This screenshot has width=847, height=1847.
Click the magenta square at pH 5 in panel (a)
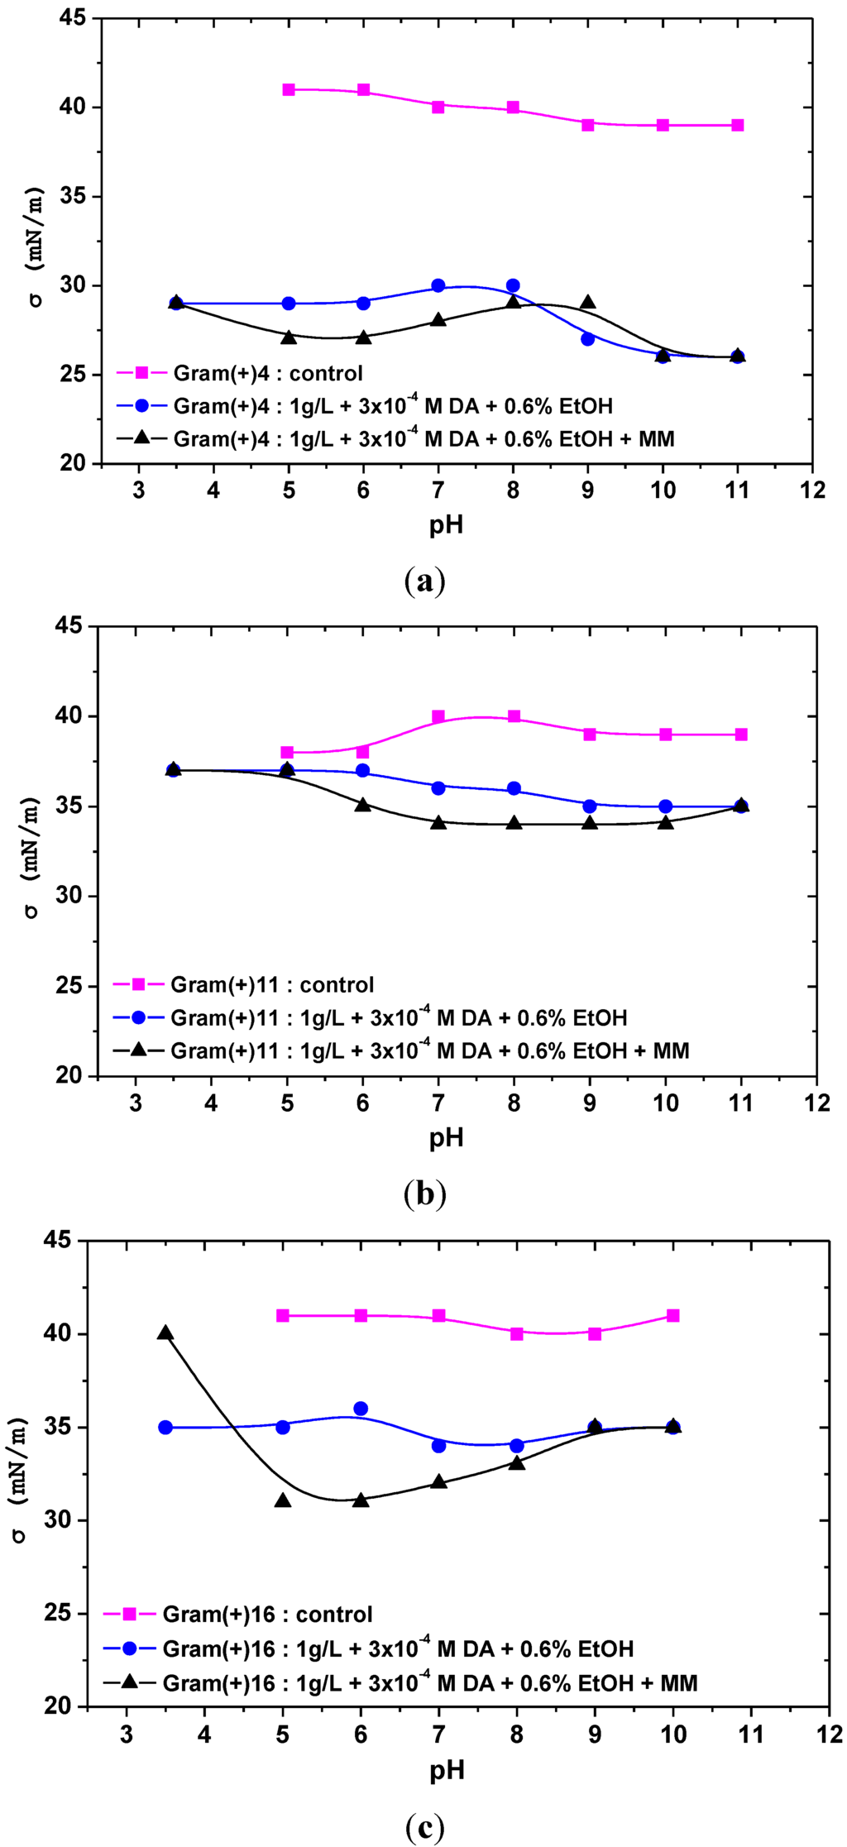(x=289, y=89)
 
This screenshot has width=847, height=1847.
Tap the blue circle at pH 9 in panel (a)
(x=587, y=339)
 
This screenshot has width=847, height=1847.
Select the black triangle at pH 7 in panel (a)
(x=438, y=319)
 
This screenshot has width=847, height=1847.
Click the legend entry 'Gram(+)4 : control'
(x=268, y=374)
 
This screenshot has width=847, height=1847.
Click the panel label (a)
(x=425, y=581)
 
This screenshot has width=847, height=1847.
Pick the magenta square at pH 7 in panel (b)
(x=438, y=716)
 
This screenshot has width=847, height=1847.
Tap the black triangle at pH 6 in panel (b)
(x=362, y=804)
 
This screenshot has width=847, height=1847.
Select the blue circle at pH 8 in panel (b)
(x=514, y=788)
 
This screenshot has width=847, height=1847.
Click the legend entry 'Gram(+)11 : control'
(x=272, y=985)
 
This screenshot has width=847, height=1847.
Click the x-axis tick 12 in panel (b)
(x=816, y=1103)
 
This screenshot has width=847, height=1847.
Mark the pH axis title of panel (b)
(x=446, y=1137)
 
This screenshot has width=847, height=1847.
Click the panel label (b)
(x=425, y=1194)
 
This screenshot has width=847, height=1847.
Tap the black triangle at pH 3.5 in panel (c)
(x=165, y=1333)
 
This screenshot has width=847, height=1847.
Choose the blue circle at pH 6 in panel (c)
(x=361, y=1409)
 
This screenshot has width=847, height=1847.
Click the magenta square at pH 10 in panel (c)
(x=672, y=1315)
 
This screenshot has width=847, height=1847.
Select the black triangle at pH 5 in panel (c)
(x=283, y=1500)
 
